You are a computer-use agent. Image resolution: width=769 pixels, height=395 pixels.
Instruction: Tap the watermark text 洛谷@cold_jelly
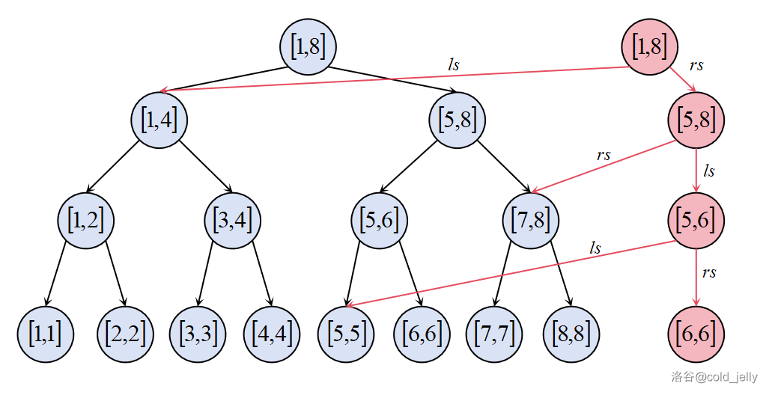[714, 378]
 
